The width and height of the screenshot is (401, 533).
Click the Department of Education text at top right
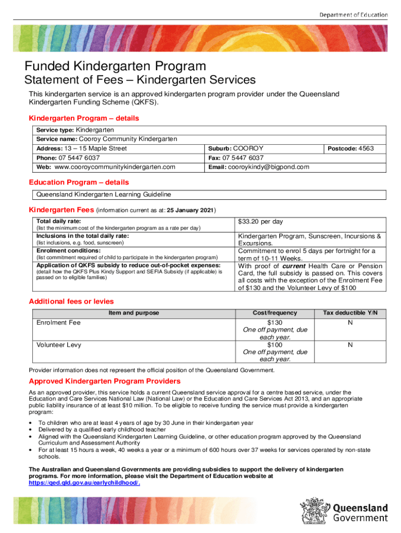pyautogui.click(x=353, y=15)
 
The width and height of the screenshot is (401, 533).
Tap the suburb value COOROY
pyautogui.click(x=248, y=149)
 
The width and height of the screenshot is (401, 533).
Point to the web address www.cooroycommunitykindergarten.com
pyautogui.click(x=115, y=167)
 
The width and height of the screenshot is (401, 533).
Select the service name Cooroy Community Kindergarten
pyautogui.click(x=128, y=139)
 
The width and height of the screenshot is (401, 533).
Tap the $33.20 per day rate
pyautogui.click(x=260, y=222)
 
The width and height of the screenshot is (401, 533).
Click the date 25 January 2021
pyautogui.click(x=190, y=210)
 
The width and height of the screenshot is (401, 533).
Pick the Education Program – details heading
pyautogui.click(x=79, y=183)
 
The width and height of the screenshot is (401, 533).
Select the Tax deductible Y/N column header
pyautogui.click(x=354, y=313)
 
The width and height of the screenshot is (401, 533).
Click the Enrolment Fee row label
pyautogui.click(x=58, y=323)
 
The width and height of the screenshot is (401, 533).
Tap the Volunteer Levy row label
pyautogui.click(x=59, y=345)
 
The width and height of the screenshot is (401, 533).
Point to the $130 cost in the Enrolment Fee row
pyautogui.click(x=274, y=323)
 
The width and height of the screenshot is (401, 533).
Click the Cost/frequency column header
pyautogui.click(x=274, y=313)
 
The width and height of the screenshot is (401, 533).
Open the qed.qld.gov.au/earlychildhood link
pyautogui.click(x=84, y=483)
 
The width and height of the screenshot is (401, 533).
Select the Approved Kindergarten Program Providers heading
pyautogui.click(x=105, y=381)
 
